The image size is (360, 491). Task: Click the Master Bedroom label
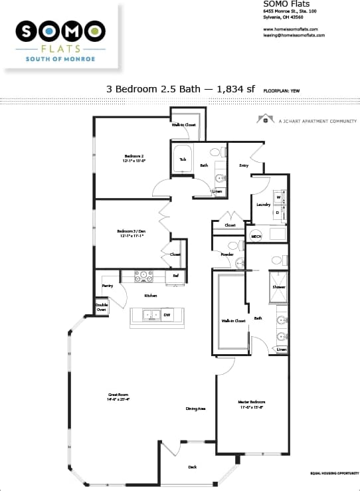(252, 404)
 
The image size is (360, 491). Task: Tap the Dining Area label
(195, 409)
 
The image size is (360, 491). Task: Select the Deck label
(192, 467)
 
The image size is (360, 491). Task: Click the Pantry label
(107, 286)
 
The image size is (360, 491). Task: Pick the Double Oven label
(102, 307)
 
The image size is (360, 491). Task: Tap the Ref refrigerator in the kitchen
(175, 276)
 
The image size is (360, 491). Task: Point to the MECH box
(256, 236)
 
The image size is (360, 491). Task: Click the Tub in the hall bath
(183, 159)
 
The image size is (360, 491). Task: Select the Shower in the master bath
(278, 287)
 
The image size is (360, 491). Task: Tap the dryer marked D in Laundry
(279, 213)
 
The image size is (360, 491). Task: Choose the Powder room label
(226, 255)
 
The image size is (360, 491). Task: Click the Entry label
(244, 165)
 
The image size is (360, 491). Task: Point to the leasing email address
(294, 35)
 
